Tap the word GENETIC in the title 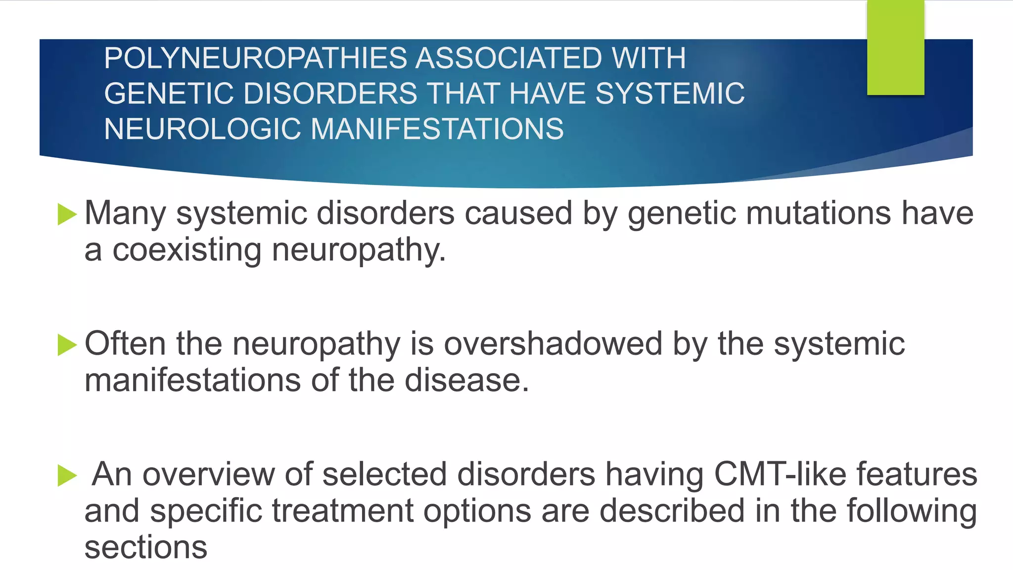tap(169, 94)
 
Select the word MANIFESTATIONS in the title tap(437, 129)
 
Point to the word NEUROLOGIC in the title tap(202, 129)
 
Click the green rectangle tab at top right tap(895, 47)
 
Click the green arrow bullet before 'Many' tap(67, 214)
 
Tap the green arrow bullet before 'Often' tap(67, 345)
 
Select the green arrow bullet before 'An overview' tap(67, 475)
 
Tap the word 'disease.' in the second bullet tap(467, 380)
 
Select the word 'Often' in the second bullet tap(125, 344)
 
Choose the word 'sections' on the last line tap(146, 548)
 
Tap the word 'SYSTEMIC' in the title tap(670, 94)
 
